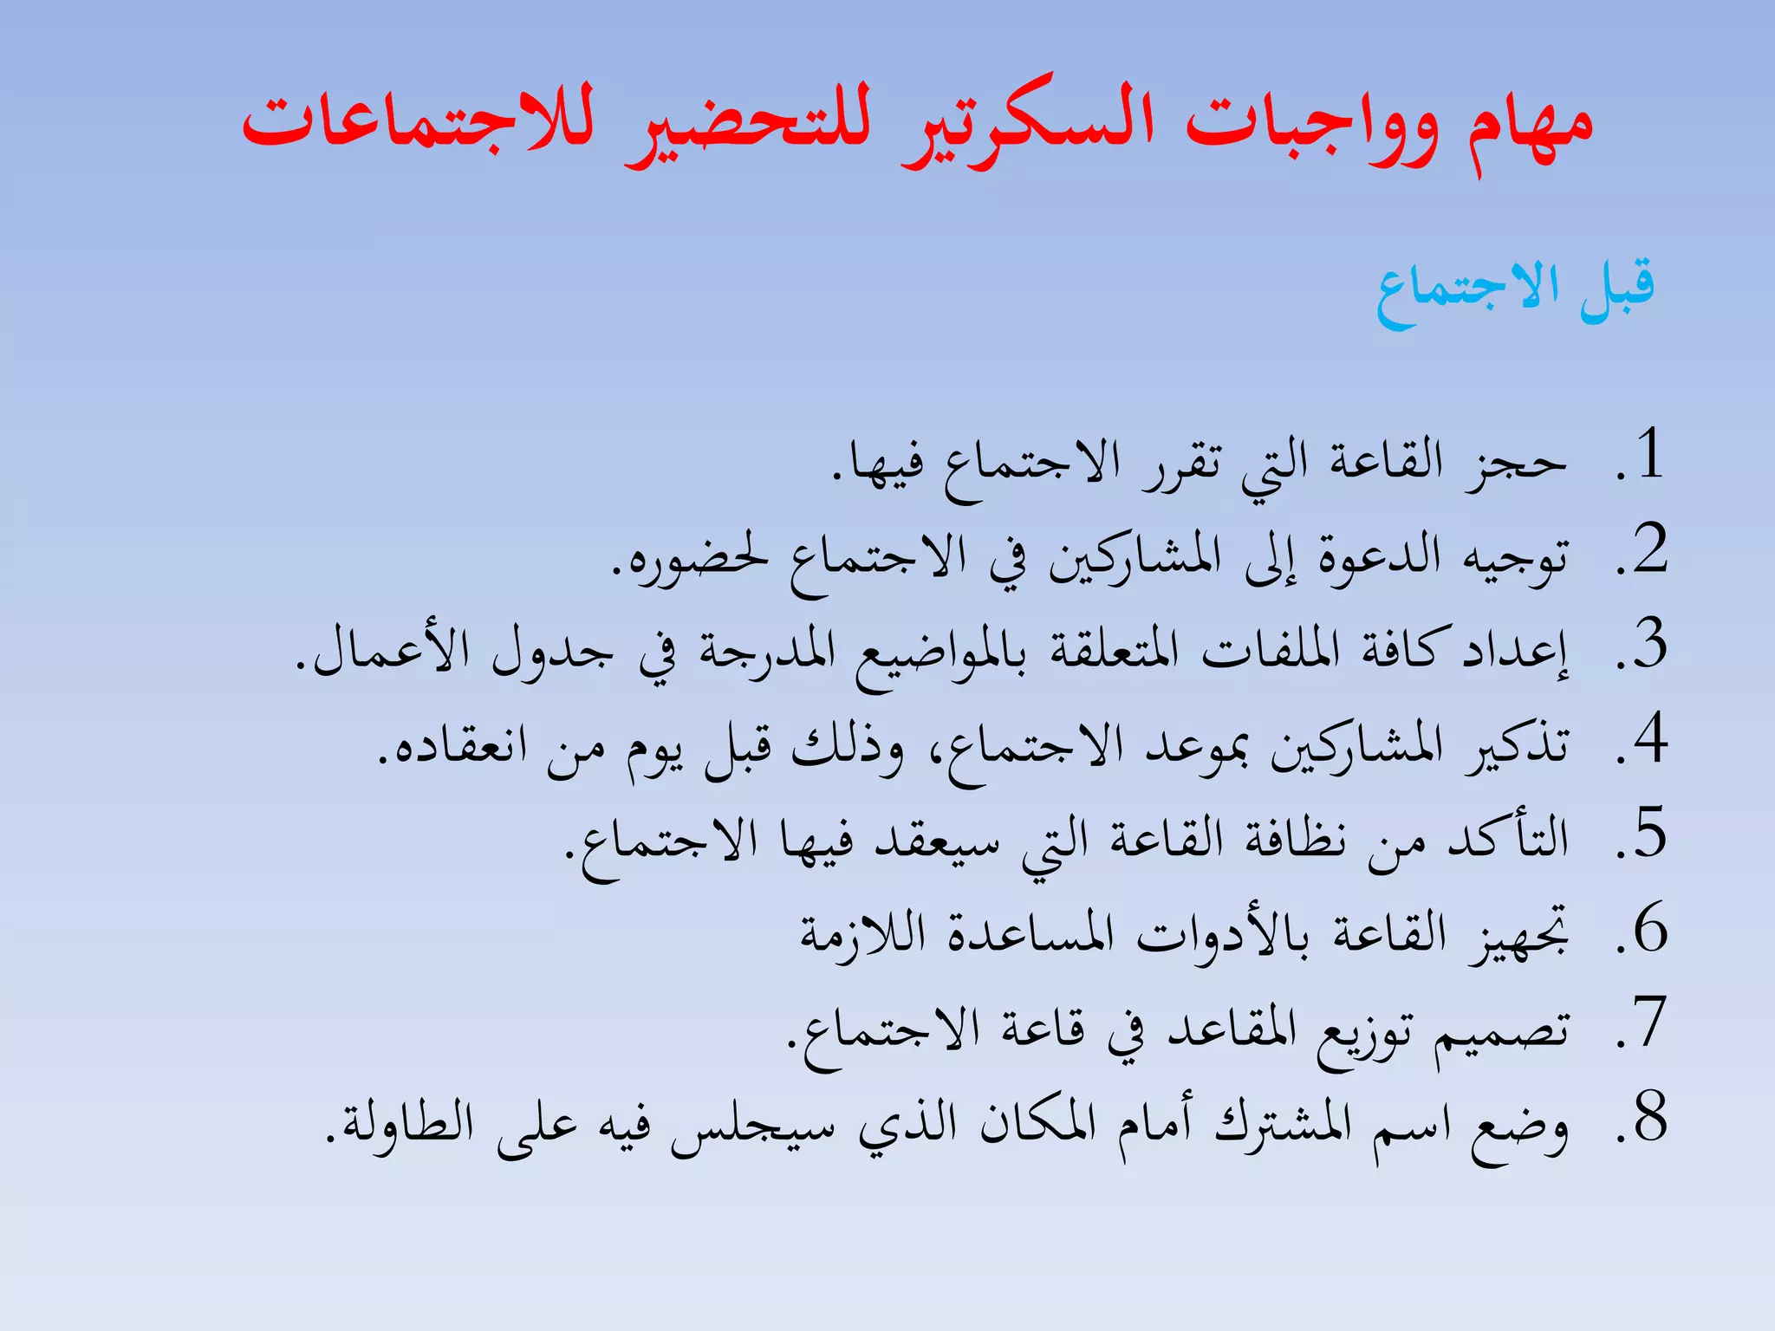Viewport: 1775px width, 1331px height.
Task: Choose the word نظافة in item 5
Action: pos(1296,841)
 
